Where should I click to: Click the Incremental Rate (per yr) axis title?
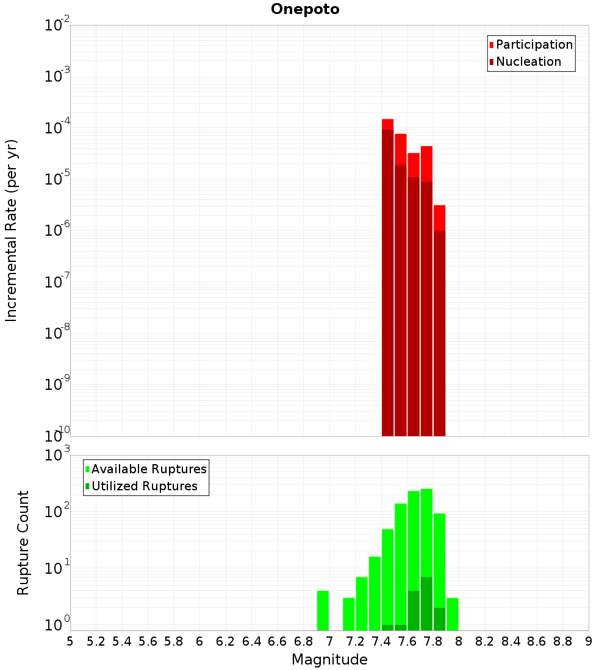pos(12,231)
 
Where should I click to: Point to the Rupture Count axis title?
pos(23,543)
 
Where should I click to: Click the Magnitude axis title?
pos(329,660)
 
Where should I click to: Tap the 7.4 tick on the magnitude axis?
pos(381,641)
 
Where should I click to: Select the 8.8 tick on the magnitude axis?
pos(562,641)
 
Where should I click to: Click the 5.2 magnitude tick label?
pos(96,641)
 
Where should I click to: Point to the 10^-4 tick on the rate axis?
pos(57,128)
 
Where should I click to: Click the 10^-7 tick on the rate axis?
pos(57,282)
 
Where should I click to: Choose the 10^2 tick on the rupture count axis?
pos(57,512)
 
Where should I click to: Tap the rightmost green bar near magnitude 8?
pos(452,614)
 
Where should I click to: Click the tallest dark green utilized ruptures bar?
pos(426,603)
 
